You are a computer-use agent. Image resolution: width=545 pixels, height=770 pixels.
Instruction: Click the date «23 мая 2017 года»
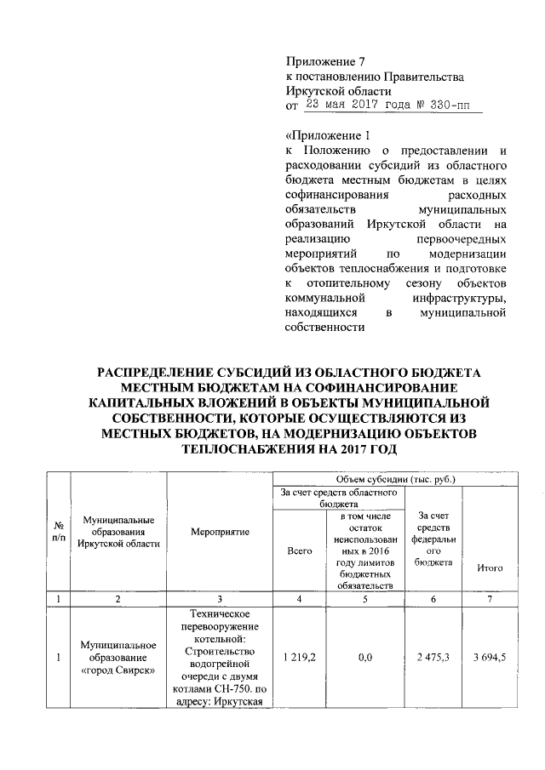(x=352, y=106)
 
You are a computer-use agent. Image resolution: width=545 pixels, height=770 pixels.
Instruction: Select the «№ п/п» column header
(x=58, y=532)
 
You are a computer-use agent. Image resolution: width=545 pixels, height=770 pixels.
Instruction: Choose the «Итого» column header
(x=490, y=568)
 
